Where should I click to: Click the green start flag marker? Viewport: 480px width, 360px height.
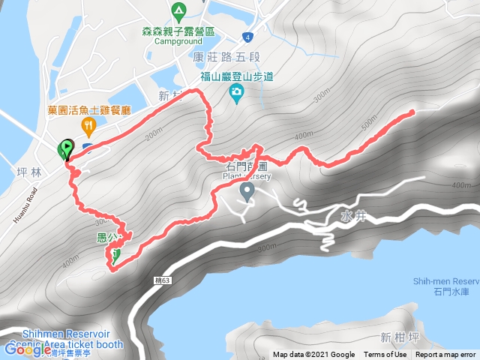66,149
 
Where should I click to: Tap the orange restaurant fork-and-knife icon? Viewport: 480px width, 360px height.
89,126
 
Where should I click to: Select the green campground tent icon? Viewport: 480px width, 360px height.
178,12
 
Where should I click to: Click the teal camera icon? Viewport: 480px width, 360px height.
236,92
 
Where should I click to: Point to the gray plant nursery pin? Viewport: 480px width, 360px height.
246,193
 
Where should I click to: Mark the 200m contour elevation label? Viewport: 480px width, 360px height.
154,136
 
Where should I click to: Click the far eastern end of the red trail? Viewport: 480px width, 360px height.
412,112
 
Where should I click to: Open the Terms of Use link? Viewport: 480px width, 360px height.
385,355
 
